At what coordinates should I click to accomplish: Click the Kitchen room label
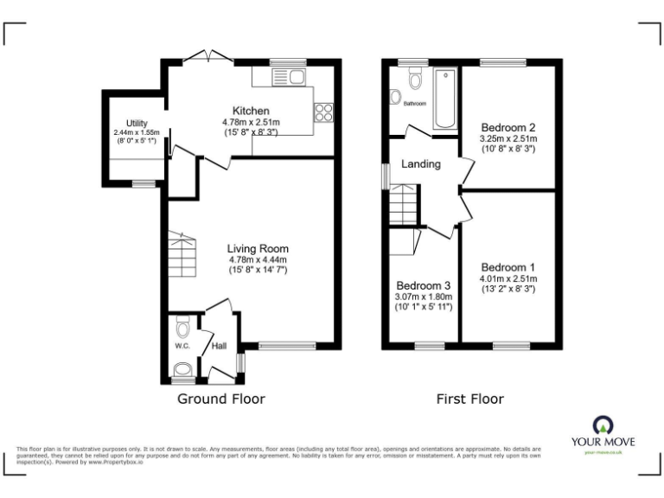click(251, 112)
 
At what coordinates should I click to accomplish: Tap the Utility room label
click(136, 124)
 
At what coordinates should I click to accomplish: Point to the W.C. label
click(182, 346)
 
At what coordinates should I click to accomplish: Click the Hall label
click(219, 346)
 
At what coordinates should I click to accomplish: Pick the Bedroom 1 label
click(508, 267)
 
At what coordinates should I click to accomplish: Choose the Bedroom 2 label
click(508, 127)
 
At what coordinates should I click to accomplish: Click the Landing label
click(421, 164)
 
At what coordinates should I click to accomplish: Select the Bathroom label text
click(414, 104)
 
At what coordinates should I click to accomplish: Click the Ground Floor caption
click(220, 399)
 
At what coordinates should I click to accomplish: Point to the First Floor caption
click(470, 399)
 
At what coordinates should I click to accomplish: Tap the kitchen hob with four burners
click(324, 112)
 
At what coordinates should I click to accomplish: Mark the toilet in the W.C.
click(181, 329)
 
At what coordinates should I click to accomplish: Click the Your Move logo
click(602, 432)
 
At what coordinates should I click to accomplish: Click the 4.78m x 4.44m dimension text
click(258, 259)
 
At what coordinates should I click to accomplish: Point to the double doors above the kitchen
click(211, 56)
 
